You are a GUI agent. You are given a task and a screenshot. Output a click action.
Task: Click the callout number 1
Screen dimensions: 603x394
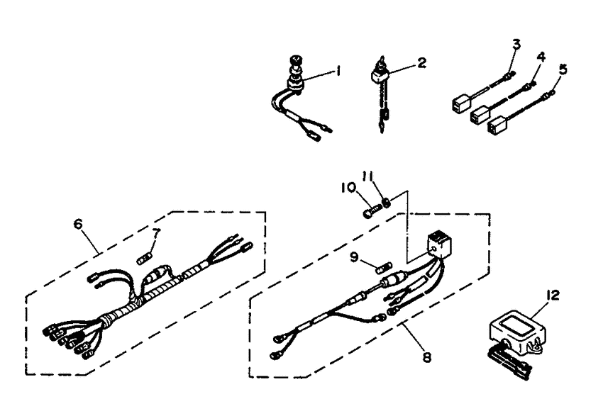(x=338, y=71)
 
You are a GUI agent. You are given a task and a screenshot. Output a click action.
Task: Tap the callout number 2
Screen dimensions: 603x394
(x=422, y=62)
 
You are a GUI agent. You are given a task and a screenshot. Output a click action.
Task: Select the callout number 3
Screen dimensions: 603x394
(x=516, y=44)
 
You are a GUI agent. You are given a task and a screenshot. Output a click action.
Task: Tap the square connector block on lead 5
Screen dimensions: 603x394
(x=497, y=127)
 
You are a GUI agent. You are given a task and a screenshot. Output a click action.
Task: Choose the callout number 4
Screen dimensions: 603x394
(x=541, y=57)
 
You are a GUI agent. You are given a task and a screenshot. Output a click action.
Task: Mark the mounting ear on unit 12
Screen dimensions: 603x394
(x=536, y=347)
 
